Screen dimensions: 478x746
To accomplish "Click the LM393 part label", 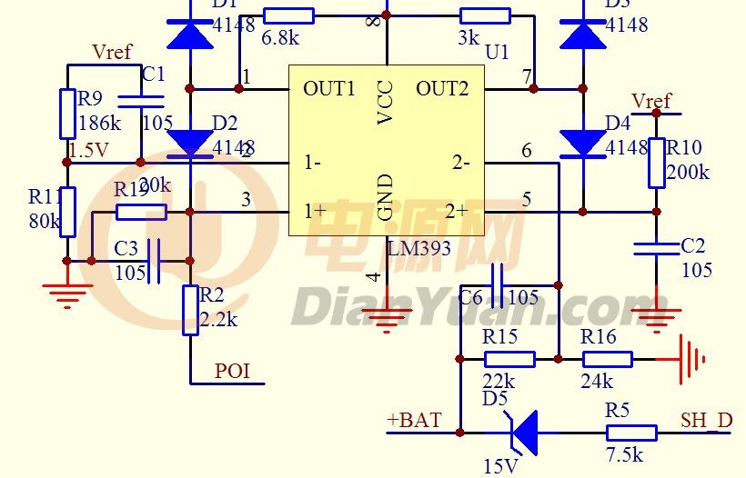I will click(418, 248).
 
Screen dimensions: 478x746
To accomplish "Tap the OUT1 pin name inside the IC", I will click(329, 88).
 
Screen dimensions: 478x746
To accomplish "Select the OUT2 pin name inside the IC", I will click(442, 88).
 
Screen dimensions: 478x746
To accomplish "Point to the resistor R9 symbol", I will click(67, 113).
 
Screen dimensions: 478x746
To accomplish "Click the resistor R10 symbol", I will click(657, 164).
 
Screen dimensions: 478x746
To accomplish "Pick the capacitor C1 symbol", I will click(142, 101).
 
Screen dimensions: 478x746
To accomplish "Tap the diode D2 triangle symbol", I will click(191, 142).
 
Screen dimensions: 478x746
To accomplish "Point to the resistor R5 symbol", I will click(630, 433).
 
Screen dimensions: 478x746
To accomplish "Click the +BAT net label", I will click(414, 420).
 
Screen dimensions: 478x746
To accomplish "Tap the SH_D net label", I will click(706, 420).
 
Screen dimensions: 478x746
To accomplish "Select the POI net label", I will click(232, 371).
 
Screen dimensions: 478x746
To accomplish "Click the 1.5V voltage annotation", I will click(88, 150).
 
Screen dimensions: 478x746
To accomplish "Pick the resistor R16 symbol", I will click(607, 360).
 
